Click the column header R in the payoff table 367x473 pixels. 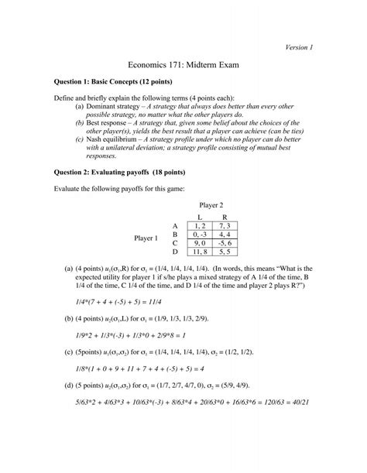tap(225, 217)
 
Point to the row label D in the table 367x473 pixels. tap(176, 252)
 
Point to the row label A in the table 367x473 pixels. tap(176, 225)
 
